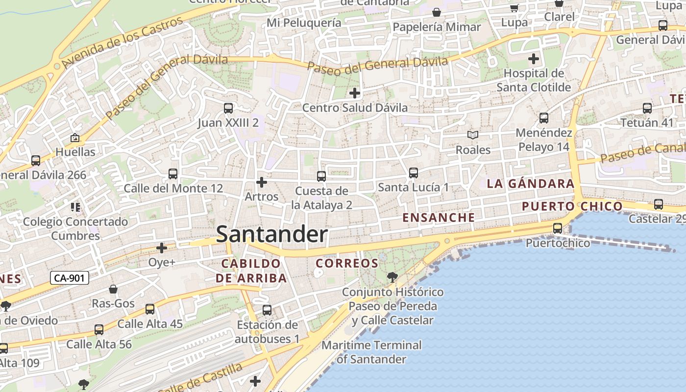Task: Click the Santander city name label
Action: click(x=271, y=234)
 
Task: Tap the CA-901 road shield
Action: click(x=70, y=278)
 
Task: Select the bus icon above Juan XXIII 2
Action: click(x=228, y=108)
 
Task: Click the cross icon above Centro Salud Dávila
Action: click(x=355, y=93)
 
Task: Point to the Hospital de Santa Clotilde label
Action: click(x=534, y=80)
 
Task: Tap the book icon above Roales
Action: click(x=473, y=135)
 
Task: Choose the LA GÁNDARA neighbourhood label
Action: click(x=530, y=184)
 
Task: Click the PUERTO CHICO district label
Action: click(x=572, y=206)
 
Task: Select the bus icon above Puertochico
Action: click(x=558, y=228)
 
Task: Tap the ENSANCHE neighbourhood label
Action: click(x=439, y=218)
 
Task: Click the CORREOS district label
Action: click(x=347, y=264)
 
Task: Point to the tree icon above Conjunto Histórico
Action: click(x=392, y=277)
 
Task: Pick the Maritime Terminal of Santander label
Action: click(x=371, y=352)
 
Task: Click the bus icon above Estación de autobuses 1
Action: click(x=267, y=310)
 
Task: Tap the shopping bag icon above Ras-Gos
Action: click(x=113, y=289)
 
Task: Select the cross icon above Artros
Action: click(x=262, y=182)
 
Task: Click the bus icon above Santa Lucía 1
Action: click(x=414, y=172)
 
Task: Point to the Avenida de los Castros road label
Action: click(x=122, y=42)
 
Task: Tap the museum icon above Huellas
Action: click(x=75, y=138)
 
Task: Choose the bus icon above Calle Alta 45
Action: click(x=150, y=309)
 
